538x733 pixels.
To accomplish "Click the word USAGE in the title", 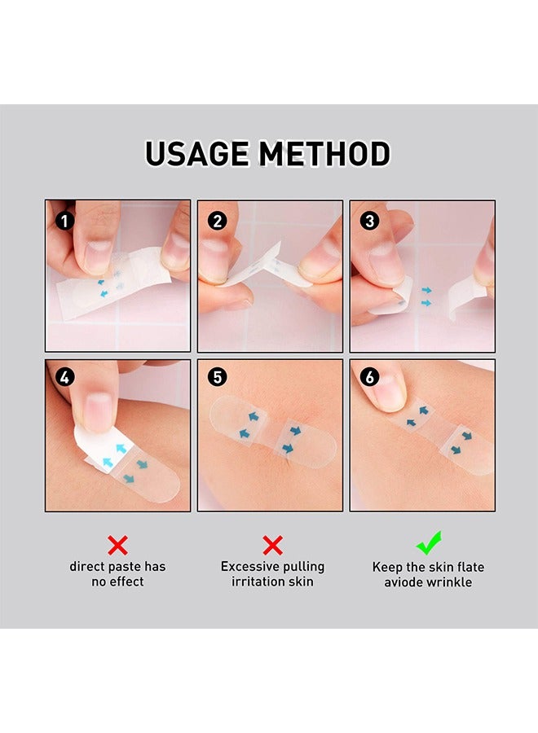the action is pos(197,154).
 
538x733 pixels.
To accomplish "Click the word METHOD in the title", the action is pos(325,154).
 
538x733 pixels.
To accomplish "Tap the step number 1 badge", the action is pos(64,221).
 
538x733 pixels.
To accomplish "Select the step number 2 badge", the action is pos(217,221).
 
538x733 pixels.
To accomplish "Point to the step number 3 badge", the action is pos(369,221).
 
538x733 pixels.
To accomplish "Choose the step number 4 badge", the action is pos(64,377).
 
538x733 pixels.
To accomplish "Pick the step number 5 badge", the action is pos(217,377).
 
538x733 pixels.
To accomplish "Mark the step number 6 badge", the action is pos(369,377).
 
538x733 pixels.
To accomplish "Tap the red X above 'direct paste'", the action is pos(117,545).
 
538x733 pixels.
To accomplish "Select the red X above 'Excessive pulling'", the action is pos(272,545).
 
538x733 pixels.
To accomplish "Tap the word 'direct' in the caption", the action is pos(87,567).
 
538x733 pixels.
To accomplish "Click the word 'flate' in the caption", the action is pos(470,567).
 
